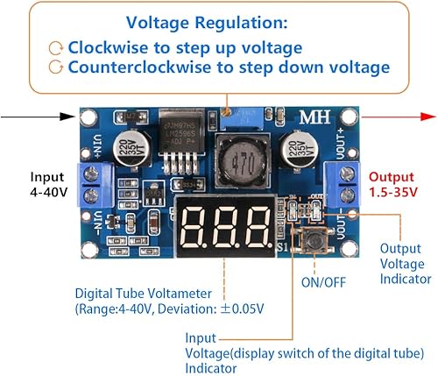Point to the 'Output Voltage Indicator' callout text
coord(406,263)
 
